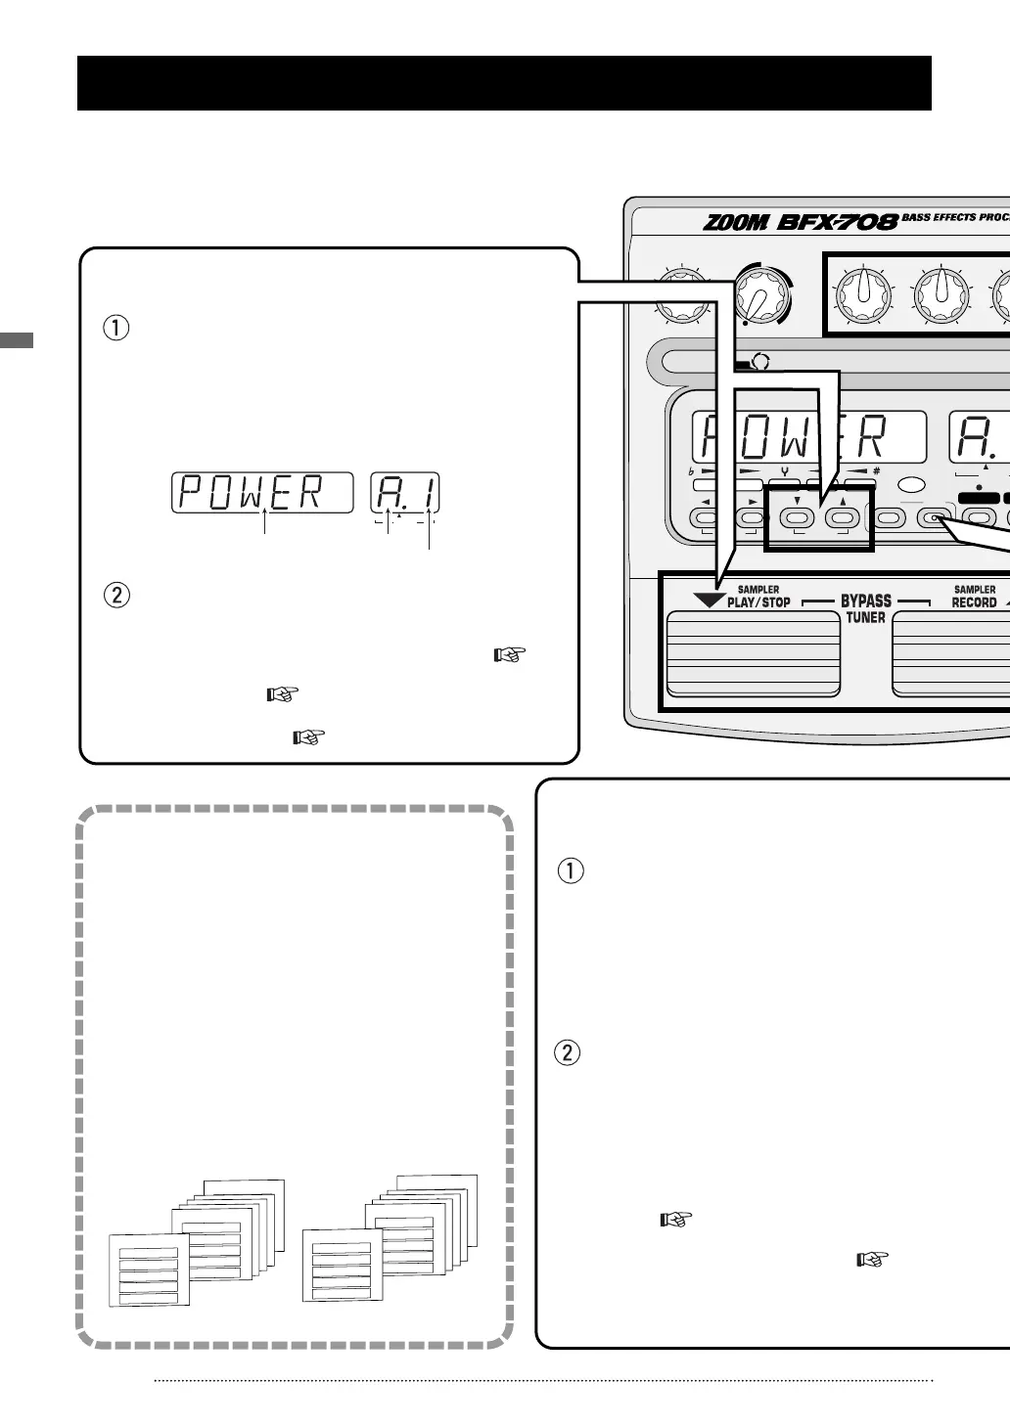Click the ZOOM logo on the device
pos(736,222)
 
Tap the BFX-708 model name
pos(837,222)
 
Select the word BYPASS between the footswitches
pos(866,601)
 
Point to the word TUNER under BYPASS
pos(866,617)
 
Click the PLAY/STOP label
pos(758,602)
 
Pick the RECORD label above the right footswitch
pos(974,602)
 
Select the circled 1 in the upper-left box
pos(115,328)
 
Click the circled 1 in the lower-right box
pos(570,869)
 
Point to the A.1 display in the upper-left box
pos(405,492)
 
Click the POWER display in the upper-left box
pos(261,492)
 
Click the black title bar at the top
pos(504,83)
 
